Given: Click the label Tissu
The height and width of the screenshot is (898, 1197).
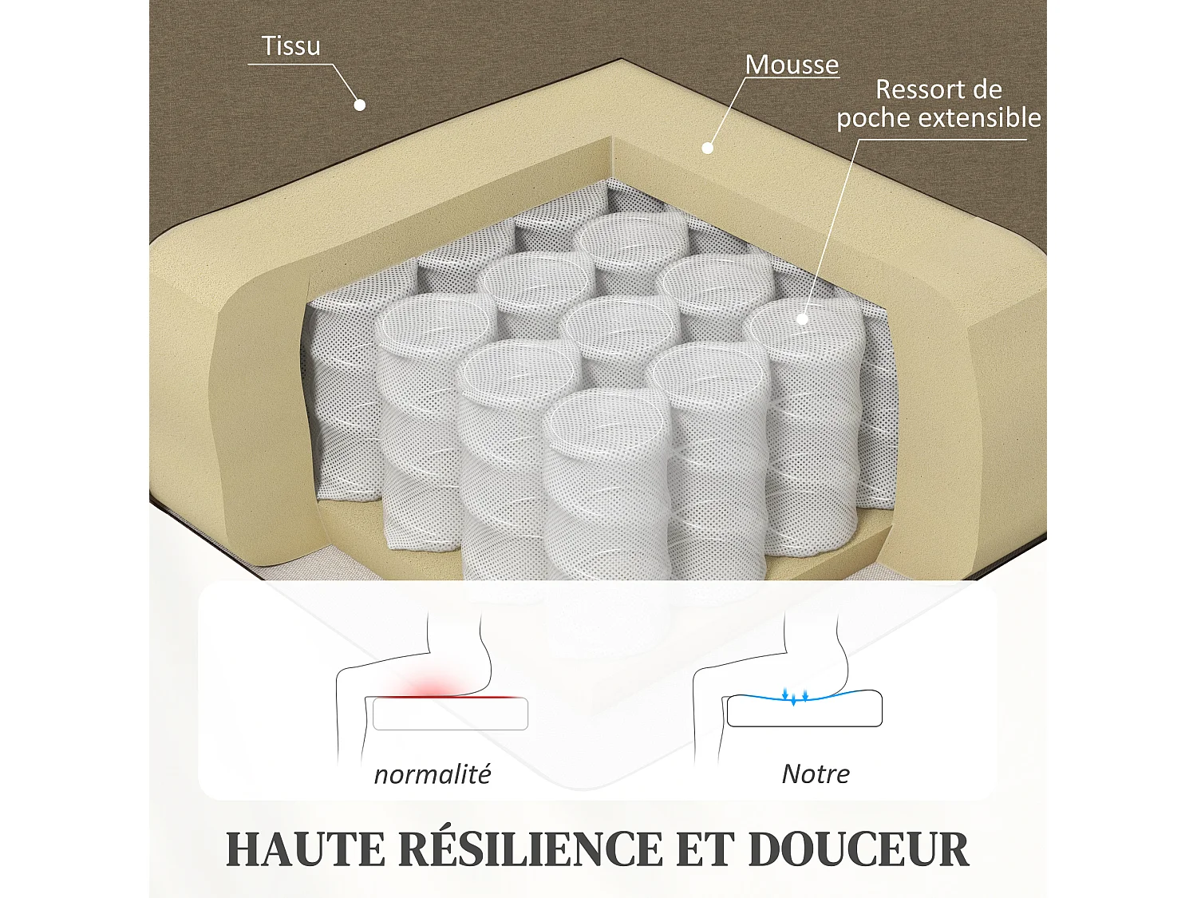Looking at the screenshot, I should [291, 46].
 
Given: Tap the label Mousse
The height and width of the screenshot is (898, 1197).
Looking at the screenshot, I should [792, 65].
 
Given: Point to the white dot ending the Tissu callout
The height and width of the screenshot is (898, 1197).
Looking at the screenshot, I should [360, 105].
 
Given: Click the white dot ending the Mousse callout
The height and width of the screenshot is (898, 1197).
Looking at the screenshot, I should [707, 148].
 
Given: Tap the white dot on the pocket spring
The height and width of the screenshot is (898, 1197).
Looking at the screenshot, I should [802, 319].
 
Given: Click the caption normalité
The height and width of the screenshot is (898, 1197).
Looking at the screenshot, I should [432, 774].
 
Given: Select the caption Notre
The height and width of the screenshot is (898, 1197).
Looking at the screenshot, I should [815, 773].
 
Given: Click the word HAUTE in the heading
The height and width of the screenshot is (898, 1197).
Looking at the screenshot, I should [305, 849].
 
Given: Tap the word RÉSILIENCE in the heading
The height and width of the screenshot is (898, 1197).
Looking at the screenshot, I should [530, 849].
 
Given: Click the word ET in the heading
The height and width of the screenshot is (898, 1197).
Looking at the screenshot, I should [705, 849].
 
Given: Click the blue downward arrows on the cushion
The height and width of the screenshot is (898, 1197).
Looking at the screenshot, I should [795, 696].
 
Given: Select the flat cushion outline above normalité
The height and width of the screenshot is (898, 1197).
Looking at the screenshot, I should [450, 714].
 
